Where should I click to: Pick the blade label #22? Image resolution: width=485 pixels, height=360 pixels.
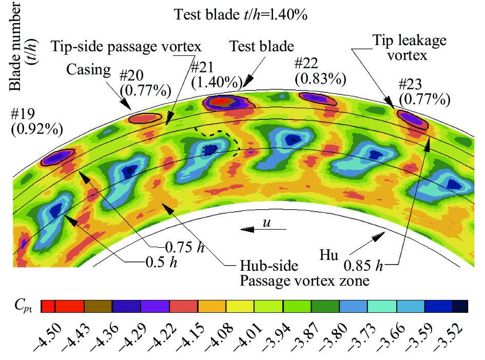pyautogui.click(x=307, y=64)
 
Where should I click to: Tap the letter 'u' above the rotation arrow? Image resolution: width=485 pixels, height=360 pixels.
pyautogui.click(x=266, y=224)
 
